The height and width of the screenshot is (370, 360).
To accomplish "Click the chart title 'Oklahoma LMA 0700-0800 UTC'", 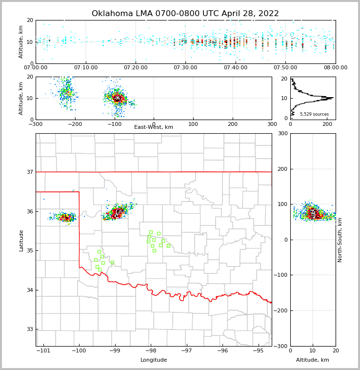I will point(185,14).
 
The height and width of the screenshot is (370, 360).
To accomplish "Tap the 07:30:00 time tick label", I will point(186,68).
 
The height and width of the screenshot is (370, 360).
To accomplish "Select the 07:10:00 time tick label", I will point(86,68).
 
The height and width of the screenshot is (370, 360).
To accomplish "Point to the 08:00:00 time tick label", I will point(336,68).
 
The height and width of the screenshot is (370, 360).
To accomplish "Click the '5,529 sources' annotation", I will point(314,114).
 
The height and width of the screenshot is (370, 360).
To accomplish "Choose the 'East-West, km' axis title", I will point(154,127).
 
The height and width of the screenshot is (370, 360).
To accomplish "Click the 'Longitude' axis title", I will point(154,360).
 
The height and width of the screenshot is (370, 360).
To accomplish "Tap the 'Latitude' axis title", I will point(21,240).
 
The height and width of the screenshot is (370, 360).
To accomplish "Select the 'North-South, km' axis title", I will point(340,240).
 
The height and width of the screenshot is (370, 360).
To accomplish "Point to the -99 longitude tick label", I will point(115,350).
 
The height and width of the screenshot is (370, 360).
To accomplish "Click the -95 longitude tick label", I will point(258,350).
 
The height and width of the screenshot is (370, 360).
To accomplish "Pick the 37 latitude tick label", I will point(29,172).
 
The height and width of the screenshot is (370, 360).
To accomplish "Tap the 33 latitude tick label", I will point(29,329).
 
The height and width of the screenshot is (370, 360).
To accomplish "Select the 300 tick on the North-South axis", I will point(282,133).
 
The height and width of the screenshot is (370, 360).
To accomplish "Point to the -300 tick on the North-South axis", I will point(280,346).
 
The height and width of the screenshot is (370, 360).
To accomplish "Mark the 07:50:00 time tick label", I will point(286,68).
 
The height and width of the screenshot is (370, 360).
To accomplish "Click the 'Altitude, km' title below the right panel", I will point(313,360).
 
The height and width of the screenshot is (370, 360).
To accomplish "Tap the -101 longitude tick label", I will point(43,350).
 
